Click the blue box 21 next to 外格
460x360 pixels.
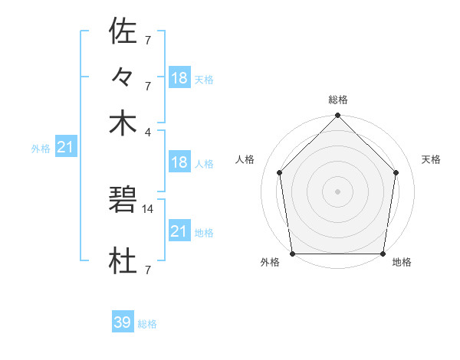click(x=64, y=146)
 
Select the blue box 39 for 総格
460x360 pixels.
click(x=122, y=322)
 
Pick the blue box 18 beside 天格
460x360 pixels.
click(x=179, y=77)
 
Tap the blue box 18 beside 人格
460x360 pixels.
click(x=179, y=162)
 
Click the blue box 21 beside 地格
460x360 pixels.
click(x=179, y=231)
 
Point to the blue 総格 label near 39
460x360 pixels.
click(x=147, y=324)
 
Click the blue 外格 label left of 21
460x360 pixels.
click(x=40, y=149)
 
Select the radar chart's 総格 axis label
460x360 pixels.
click(x=338, y=100)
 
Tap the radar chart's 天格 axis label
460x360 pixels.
click(x=432, y=159)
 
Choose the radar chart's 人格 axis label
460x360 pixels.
click(x=245, y=159)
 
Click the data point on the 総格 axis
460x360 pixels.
click(x=338, y=116)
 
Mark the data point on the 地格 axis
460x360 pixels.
click(x=383, y=253)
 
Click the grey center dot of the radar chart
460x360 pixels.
click(x=338, y=191)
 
